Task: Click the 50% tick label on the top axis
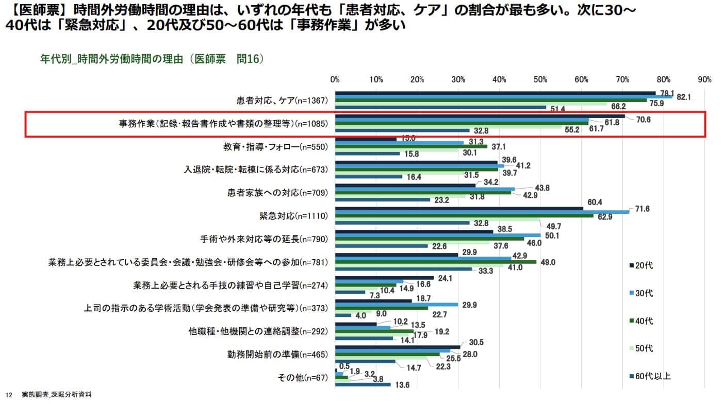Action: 540,79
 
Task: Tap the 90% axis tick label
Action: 704,79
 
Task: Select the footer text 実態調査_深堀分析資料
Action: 59,394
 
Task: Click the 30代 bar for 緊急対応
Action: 482,212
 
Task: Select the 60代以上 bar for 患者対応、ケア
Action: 440,108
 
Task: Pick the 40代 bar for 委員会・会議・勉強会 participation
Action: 436,262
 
